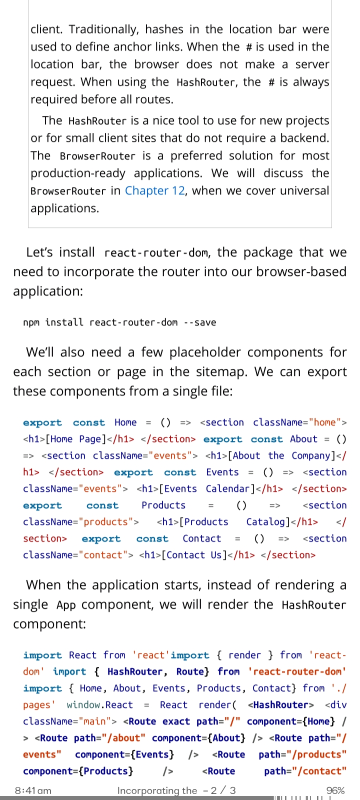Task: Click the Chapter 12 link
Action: [154, 190]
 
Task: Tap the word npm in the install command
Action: [31, 322]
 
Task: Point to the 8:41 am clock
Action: [33, 790]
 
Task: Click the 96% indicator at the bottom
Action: [335, 790]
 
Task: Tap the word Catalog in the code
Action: [268, 522]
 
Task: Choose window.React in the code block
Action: [99, 705]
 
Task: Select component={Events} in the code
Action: [124, 754]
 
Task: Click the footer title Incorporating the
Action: [157, 790]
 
